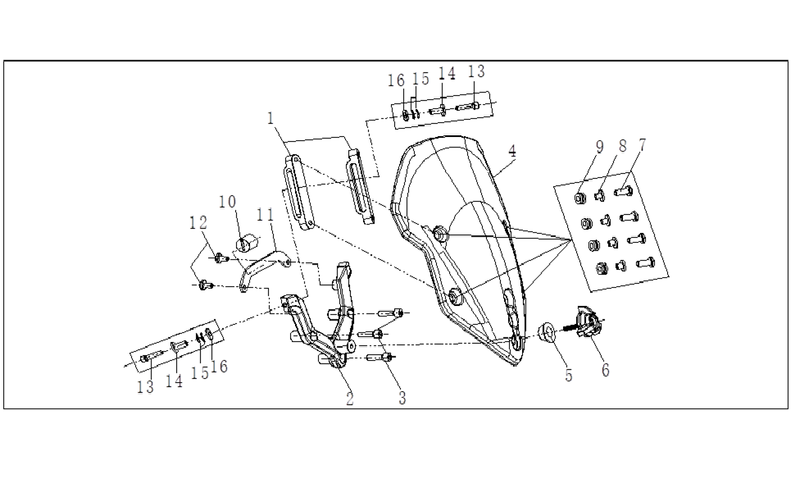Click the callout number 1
tap(270, 119)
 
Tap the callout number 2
tap(350, 399)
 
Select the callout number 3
tap(402, 398)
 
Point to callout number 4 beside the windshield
tap(512, 151)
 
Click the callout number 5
tap(569, 376)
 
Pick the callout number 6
tap(606, 370)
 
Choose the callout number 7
tap(643, 145)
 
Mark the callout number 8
tap(623, 145)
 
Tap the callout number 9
tap(600, 147)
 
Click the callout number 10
tap(228, 202)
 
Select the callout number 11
tap(265, 215)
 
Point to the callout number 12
tap(198, 222)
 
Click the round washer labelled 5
tap(547, 332)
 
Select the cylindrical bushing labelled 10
tap(247, 242)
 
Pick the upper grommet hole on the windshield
tap(439, 234)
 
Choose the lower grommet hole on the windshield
tap(454, 296)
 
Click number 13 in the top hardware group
tap(476, 71)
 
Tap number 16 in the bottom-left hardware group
tap(219, 366)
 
